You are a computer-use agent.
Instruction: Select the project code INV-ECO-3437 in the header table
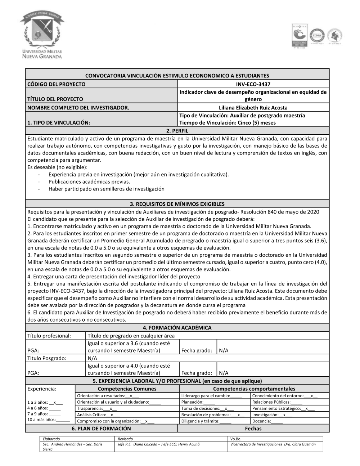click(253, 84)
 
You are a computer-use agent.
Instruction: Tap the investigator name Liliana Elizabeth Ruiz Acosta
click(253, 107)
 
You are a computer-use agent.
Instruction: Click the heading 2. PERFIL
click(177, 130)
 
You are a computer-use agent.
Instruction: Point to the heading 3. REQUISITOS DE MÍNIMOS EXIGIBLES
click(177, 204)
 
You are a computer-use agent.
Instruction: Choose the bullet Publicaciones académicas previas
click(89, 182)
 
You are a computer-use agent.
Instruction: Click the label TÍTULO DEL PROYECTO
click(55, 99)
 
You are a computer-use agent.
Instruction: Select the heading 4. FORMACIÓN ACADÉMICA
click(177, 328)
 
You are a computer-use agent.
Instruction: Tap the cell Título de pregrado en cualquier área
click(131, 336)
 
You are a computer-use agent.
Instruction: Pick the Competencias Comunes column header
click(127, 389)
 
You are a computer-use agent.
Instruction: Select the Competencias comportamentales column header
click(254, 389)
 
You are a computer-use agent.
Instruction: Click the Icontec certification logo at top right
click(300, 36)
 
